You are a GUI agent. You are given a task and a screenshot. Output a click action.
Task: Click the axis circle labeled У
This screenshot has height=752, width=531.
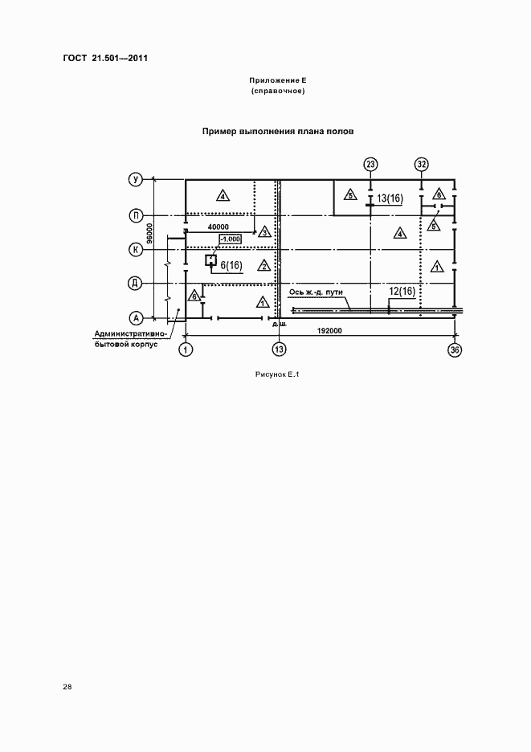click(136, 180)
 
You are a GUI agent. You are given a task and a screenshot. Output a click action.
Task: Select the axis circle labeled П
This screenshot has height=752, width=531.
click(136, 215)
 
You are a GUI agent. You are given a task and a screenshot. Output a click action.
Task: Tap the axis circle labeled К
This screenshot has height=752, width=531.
click(136, 250)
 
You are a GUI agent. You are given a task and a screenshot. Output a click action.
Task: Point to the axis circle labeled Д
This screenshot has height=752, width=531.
click(136, 283)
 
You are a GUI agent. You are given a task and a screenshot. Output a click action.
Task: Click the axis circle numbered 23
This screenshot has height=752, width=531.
click(370, 165)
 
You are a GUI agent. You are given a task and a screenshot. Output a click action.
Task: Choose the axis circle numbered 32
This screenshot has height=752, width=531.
click(423, 165)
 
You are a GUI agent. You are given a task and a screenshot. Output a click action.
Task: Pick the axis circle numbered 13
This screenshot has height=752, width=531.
click(279, 349)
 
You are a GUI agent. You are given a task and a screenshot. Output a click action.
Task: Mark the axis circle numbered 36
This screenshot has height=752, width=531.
click(455, 349)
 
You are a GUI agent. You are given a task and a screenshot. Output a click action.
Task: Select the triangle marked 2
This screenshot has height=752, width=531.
click(262, 265)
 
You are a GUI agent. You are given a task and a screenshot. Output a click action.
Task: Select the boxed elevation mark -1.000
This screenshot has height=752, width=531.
click(230, 239)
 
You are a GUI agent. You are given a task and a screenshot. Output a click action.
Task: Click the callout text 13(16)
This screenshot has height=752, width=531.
click(389, 198)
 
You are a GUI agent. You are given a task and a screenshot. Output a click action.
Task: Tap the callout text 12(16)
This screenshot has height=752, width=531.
click(401, 291)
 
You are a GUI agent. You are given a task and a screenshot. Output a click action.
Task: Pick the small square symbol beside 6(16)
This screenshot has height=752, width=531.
click(210, 260)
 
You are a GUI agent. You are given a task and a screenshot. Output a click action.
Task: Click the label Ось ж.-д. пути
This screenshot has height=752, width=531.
click(316, 292)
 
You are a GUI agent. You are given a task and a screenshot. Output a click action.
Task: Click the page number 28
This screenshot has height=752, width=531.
click(67, 687)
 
